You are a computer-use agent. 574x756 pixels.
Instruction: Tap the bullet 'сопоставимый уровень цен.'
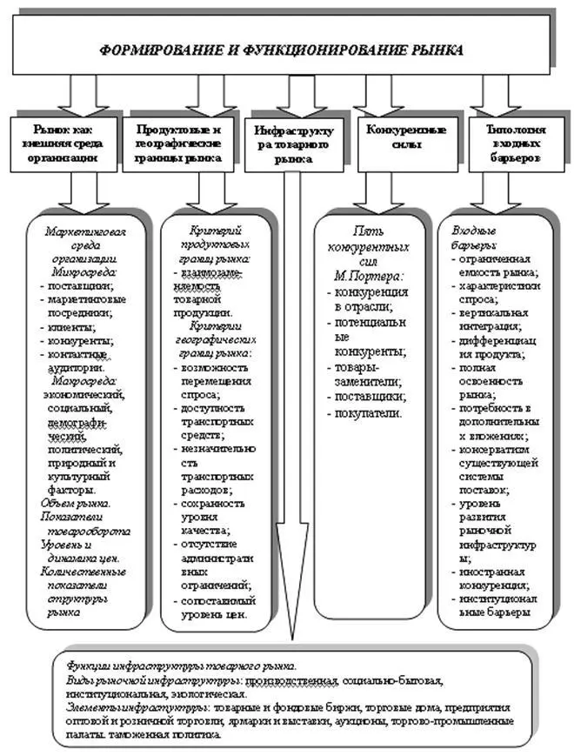[213, 607]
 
